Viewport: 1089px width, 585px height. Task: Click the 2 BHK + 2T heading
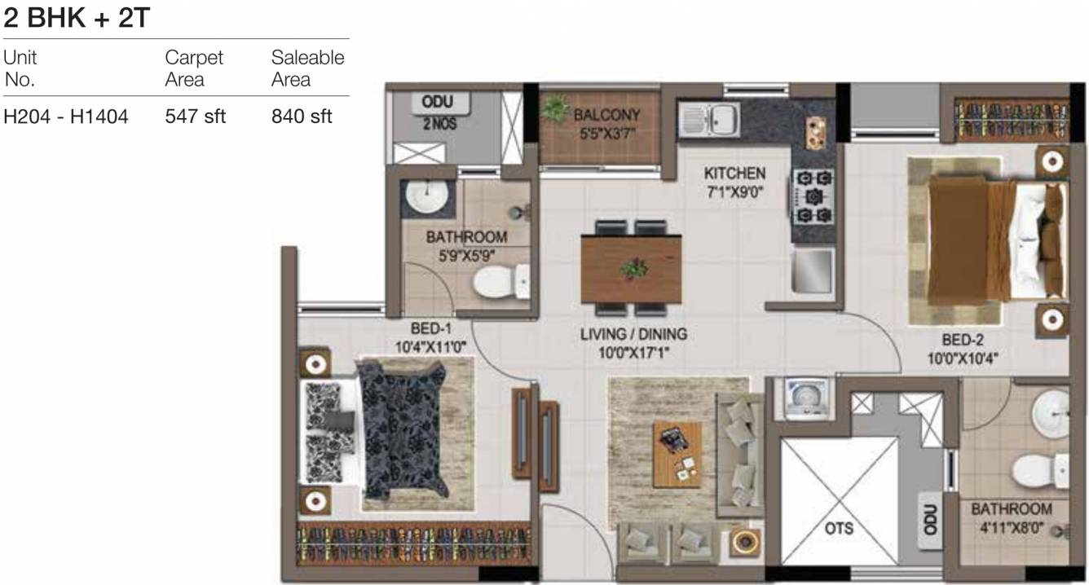pyautogui.click(x=77, y=17)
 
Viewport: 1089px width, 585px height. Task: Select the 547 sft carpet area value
pyautogui.click(x=195, y=117)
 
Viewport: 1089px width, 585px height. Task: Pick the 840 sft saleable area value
pyautogui.click(x=302, y=117)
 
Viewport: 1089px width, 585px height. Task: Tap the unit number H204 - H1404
pyautogui.click(x=66, y=117)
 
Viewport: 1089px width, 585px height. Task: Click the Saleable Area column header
pyautogui.click(x=307, y=68)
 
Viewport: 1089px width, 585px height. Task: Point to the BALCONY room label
pyautogui.click(x=606, y=115)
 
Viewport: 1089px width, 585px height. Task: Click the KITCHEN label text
pyautogui.click(x=734, y=174)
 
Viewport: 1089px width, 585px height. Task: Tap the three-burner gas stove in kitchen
pyautogui.click(x=813, y=196)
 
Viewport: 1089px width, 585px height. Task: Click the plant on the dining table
pyautogui.click(x=633, y=266)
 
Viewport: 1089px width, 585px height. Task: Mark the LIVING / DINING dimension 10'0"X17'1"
pyautogui.click(x=633, y=352)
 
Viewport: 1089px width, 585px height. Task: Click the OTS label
pyautogui.click(x=839, y=528)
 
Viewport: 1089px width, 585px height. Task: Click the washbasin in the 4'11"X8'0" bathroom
pyautogui.click(x=1049, y=412)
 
